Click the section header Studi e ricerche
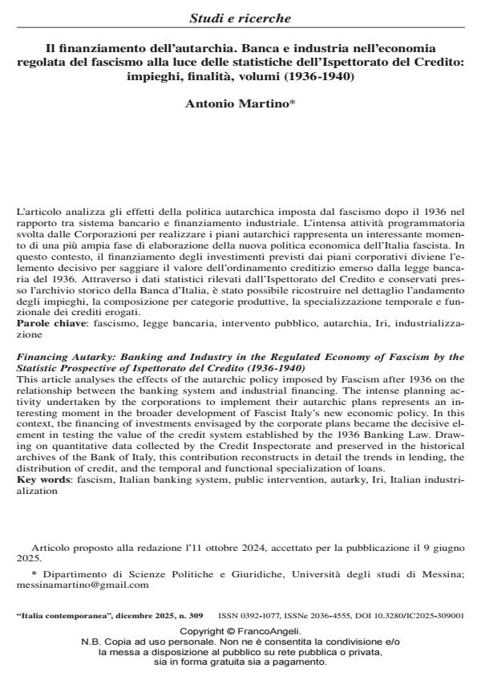point(240,17)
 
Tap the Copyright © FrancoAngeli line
point(240,632)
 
